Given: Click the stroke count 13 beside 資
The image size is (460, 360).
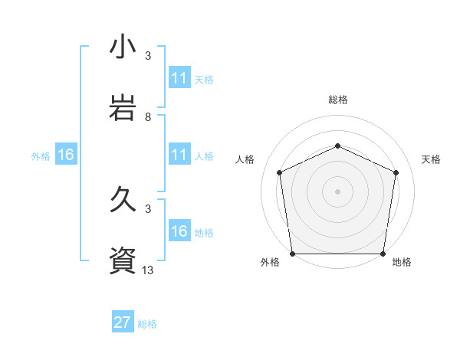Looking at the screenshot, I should click(148, 270).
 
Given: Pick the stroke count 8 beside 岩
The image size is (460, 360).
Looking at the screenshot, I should click(148, 117).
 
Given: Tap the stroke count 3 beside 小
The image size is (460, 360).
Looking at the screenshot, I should click(148, 56).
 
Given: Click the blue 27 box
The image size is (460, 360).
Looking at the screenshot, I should click(123, 322).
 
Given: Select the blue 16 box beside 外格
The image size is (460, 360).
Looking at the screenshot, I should click(66, 155).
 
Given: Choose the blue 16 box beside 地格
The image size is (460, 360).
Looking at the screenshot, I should click(179, 231).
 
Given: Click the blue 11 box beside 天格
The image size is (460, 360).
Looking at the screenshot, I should click(179, 78).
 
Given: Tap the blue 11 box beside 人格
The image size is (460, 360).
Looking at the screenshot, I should click(179, 155).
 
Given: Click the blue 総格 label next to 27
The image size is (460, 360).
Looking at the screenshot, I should click(147, 324).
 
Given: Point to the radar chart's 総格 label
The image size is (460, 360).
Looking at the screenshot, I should click(337, 100).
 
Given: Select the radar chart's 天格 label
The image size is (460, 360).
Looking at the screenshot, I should click(432, 159).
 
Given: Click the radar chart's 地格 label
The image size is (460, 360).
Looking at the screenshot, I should click(402, 262).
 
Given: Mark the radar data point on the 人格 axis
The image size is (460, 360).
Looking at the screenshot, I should click(279, 172).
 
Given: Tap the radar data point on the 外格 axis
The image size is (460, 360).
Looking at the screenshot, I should click(292, 254).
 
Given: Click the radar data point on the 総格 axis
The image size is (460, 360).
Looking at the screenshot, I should click(337, 146).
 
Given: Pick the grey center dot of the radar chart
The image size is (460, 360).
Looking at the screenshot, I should click(337, 191).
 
